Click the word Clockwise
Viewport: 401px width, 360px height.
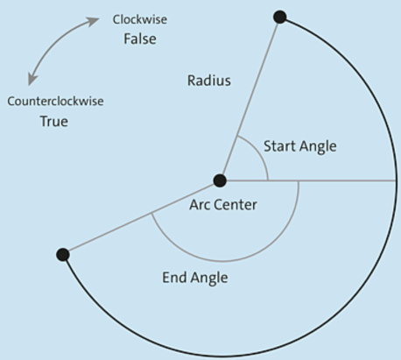(140, 19)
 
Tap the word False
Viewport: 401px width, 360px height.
(140, 39)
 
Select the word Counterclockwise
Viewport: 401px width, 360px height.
(55, 102)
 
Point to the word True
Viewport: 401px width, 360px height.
(54, 121)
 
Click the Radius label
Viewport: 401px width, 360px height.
(209, 81)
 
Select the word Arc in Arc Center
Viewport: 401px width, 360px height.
(200, 205)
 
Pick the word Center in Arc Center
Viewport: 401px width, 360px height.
(236, 205)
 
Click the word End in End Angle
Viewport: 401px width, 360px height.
(174, 278)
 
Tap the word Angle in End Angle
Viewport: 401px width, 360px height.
(209, 279)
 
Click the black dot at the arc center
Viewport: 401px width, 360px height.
(220, 180)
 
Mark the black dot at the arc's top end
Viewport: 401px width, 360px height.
(280, 17)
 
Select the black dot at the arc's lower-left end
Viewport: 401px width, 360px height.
(63, 255)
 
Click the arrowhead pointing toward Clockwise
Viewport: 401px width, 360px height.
(94, 21)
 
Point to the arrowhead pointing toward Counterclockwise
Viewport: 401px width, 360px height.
(32, 80)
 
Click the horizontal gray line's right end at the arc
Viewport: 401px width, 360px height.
(396, 180)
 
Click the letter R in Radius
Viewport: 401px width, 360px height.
(191, 81)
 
